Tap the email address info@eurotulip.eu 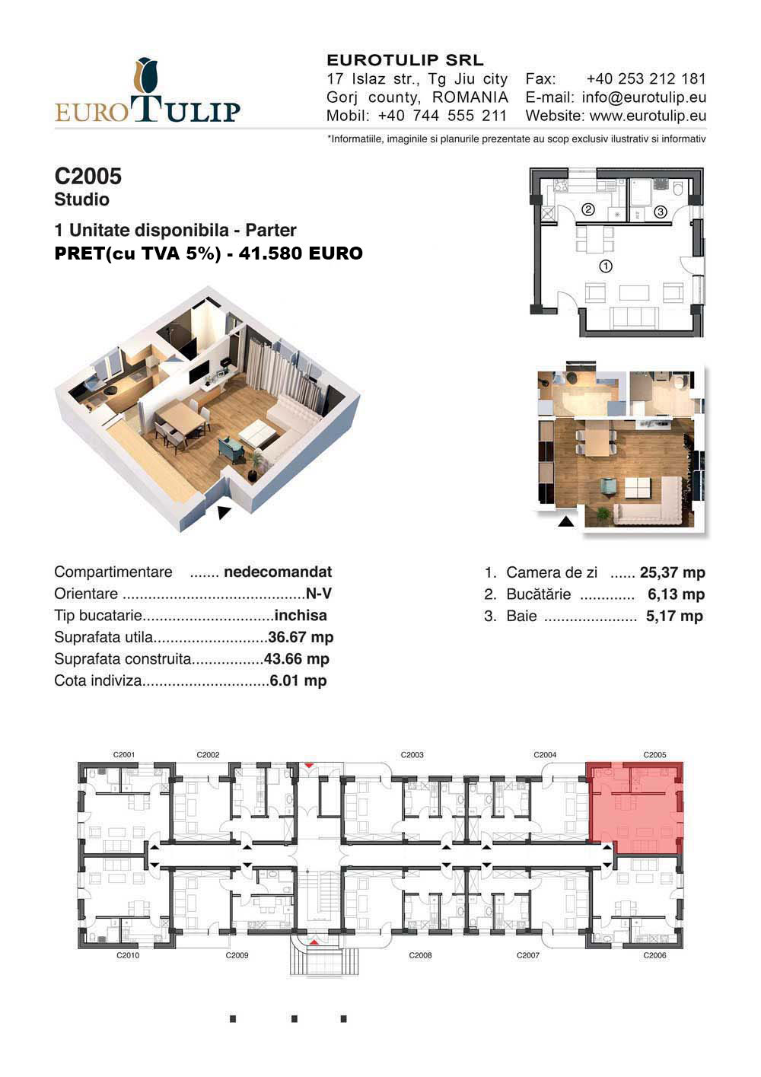tap(644, 97)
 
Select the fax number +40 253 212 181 tap(645, 79)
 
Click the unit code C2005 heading tap(88, 177)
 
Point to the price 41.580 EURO tap(301, 253)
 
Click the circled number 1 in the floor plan tap(605, 266)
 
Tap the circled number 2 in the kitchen tap(588, 209)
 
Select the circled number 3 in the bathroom tap(661, 212)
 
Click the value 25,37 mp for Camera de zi tap(672, 572)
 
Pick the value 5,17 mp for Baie tap(674, 616)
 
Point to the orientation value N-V tap(318, 594)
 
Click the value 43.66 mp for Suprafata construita tap(297, 658)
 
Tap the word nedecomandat tap(278, 572)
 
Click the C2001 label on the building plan tap(124, 755)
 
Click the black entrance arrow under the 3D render tap(224, 512)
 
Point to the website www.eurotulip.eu tap(648, 116)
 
